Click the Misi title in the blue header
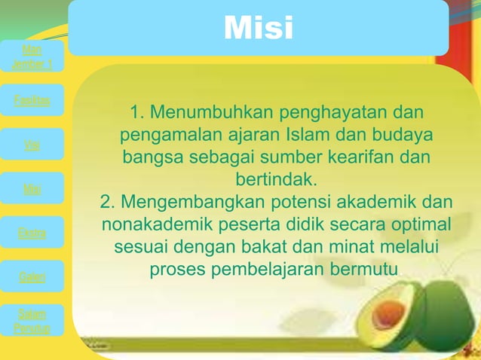click(x=258, y=29)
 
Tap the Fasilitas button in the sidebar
click(x=32, y=101)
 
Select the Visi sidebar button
click(x=32, y=145)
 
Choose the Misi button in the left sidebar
click(x=32, y=189)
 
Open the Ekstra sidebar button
click(x=32, y=233)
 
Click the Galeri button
click(x=32, y=278)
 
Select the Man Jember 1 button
click(x=32, y=57)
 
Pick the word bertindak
click(x=275, y=182)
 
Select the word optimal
click(x=422, y=226)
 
